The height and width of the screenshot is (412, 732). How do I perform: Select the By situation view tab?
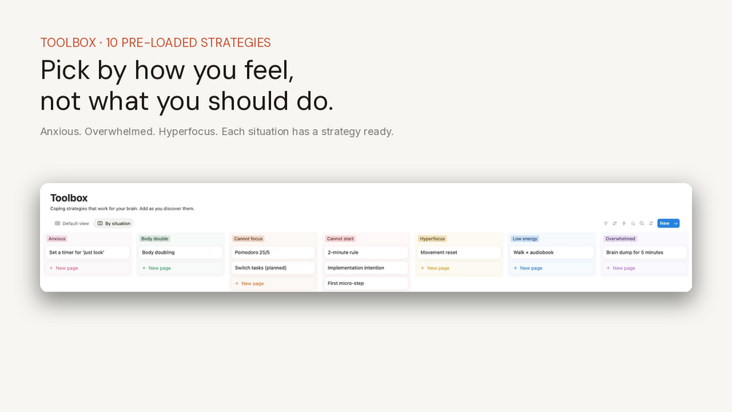click(x=114, y=223)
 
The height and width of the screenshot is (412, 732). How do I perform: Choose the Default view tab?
click(x=71, y=223)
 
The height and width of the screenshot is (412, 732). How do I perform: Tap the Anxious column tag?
click(x=57, y=238)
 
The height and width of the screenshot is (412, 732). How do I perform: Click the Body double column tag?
click(x=154, y=238)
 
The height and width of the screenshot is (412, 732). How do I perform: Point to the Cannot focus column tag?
click(x=248, y=238)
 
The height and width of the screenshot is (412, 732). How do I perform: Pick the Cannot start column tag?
click(x=340, y=238)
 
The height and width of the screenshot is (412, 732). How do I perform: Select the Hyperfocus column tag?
click(x=433, y=238)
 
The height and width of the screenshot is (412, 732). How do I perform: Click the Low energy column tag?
click(x=524, y=238)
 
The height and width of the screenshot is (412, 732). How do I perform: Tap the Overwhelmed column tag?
click(x=620, y=238)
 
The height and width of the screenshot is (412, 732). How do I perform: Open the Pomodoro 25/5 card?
click(x=273, y=252)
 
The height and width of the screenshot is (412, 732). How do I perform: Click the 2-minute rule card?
click(x=366, y=252)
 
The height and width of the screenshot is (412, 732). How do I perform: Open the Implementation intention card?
click(x=366, y=268)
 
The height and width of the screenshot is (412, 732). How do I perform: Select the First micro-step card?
click(x=366, y=283)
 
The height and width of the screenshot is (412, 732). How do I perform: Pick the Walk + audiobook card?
click(x=552, y=252)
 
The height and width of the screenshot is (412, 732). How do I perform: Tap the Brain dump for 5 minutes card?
click(x=645, y=252)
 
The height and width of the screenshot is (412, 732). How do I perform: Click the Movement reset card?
click(x=459, y=252)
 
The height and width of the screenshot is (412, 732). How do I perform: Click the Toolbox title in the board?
click(x=69, y=198)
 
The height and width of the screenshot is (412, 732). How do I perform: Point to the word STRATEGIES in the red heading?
click(x=235, y=42)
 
